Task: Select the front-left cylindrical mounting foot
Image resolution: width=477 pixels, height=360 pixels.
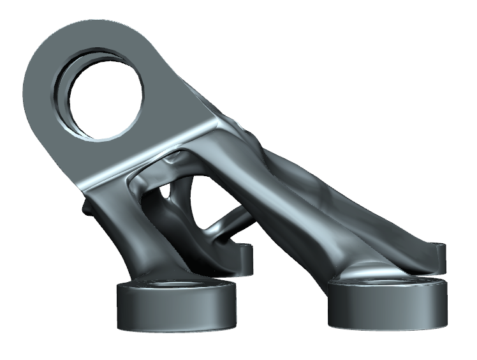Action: [173, 309]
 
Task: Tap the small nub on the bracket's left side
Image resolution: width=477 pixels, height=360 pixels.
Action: [86, 207]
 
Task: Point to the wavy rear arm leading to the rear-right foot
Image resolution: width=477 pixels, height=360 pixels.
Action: [357, 191]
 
